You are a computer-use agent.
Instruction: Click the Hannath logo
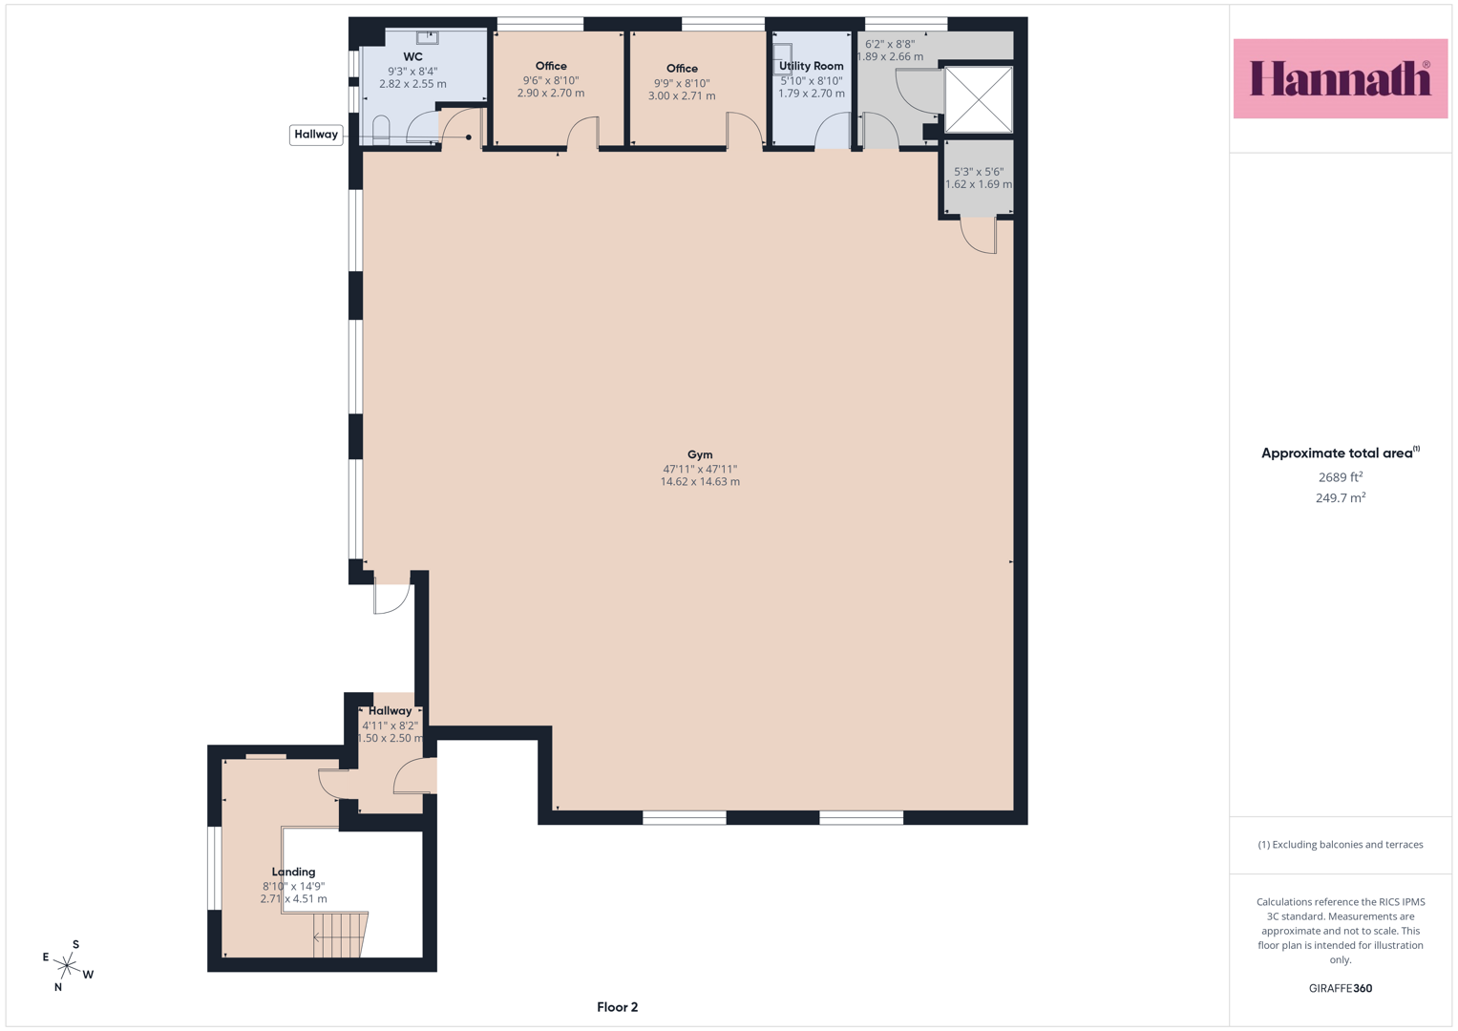[x=1341, y=78]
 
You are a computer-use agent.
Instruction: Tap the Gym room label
[x=700, y=454]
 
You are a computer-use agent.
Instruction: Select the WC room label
[x=412, y=56]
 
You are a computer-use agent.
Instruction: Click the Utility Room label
[x=811, y=66]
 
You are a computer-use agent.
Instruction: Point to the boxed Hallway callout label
[x=316, y=135]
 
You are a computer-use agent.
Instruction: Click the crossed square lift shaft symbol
[x=979, y=99]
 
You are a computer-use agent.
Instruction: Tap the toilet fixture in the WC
[x=381, y=130]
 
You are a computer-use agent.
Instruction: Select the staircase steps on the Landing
[x=339, y=935]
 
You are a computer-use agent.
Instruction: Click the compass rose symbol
[x=67, y=965]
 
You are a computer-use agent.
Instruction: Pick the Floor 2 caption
[x=617, y=1007]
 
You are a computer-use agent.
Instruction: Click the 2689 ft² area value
[x=1341, y=477]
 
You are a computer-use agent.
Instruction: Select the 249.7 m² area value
[x=1341, y=498]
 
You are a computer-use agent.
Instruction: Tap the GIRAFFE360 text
[x=1341, y=988]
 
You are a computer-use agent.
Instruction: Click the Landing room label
[x=293, y=872]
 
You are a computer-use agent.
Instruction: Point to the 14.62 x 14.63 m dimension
[x=700, y=482]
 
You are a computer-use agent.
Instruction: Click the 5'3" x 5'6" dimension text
[x=979, y=172]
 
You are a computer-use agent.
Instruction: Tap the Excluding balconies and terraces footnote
[x=1341, y=845]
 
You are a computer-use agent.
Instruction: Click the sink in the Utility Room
[x=782, y=59]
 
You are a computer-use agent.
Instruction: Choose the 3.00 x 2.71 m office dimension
[x=682, y=95]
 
